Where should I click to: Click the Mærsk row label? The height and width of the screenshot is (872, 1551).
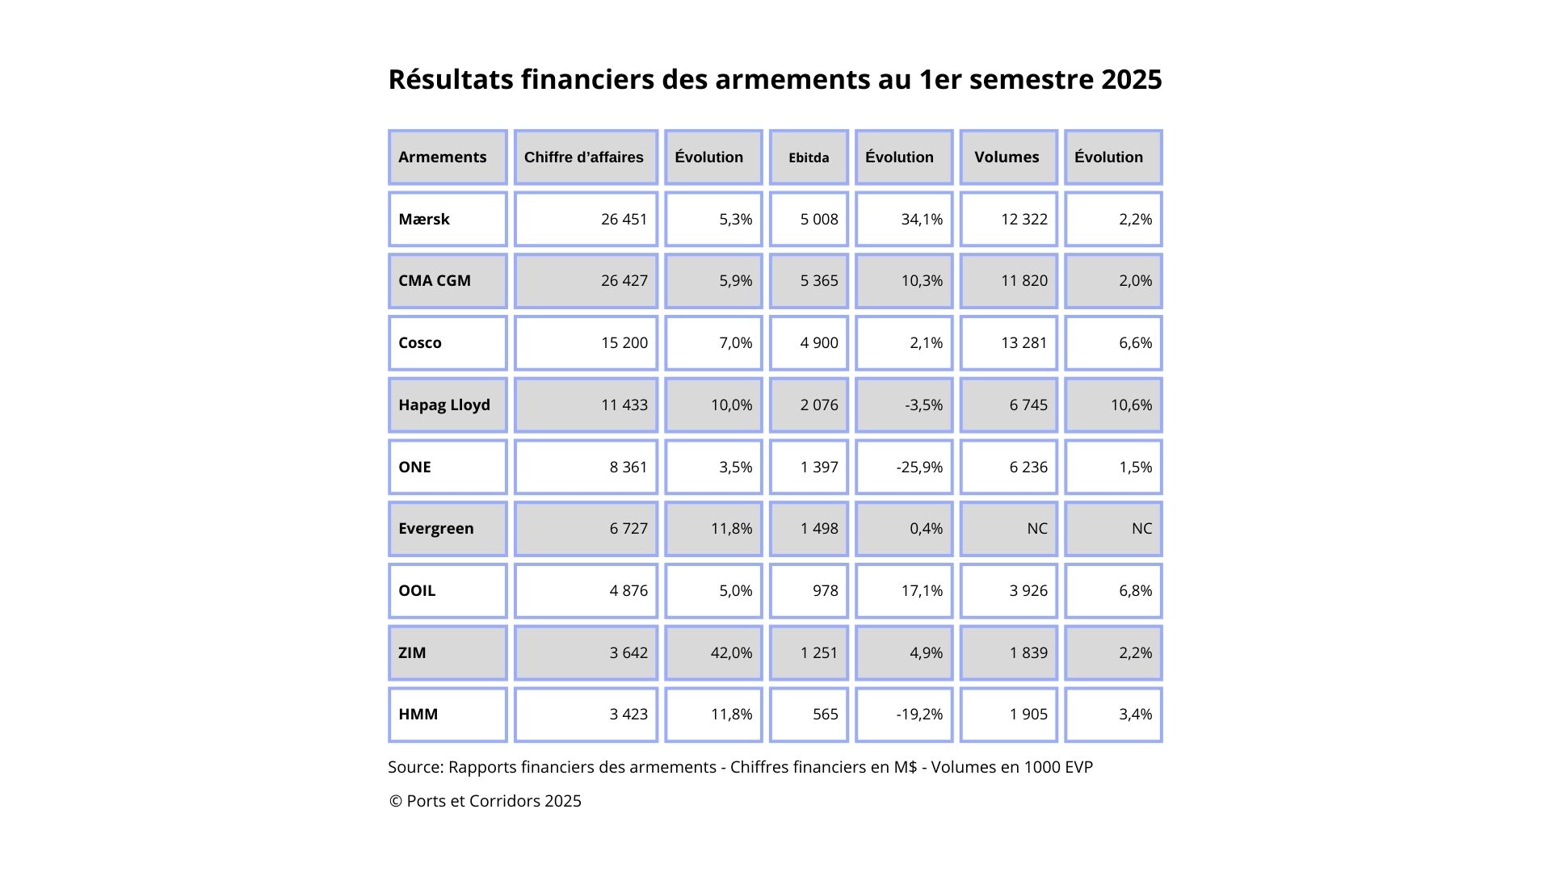coord(423,219)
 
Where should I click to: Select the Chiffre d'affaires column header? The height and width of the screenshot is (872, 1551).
coord(583,157)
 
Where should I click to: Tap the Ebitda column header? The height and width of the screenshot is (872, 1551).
coord(809,157)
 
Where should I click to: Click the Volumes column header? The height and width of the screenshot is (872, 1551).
coord(1007,157)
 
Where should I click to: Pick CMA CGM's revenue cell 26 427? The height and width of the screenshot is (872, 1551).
coord(624,280)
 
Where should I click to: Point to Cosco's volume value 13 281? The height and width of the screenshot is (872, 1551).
coord(1023,342)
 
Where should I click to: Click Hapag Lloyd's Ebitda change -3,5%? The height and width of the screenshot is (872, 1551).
coord(923,405)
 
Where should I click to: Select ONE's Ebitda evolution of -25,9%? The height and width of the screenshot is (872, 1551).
coord(919,467)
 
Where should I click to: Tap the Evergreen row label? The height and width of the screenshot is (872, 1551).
coord(436,529)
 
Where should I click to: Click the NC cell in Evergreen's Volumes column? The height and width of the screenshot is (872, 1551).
coord(1037,528)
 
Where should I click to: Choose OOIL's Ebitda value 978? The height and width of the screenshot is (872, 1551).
coord(826,590)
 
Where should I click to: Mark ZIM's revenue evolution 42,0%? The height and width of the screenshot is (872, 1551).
coord(731,652)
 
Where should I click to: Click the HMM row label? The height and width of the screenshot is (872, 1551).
coord(418,714)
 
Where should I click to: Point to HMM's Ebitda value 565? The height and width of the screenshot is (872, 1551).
coord(826,714)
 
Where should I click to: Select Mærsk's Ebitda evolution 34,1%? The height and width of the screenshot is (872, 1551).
coord(922,219)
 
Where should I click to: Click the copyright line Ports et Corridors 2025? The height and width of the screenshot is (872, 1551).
coord(485,801)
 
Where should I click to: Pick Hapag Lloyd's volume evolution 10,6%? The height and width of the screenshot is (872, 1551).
coord(1131,405)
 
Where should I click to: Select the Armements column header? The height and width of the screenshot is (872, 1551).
coord(442,157)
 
